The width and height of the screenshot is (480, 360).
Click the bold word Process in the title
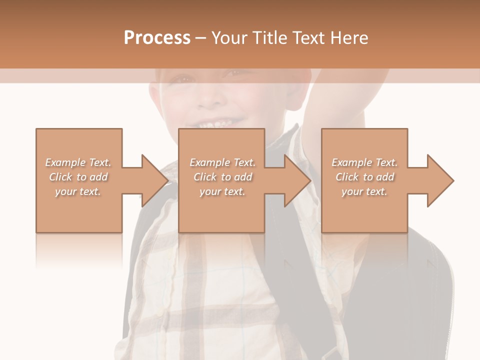tap(157, 37)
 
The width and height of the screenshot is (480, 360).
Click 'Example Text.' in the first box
tap(78, 162)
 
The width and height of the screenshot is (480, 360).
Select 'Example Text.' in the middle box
tap(222, 162)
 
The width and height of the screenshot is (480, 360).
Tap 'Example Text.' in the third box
tap(364, 162)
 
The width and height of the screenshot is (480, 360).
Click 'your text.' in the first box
tap(78, 191)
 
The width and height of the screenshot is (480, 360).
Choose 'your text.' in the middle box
tap(222, 191)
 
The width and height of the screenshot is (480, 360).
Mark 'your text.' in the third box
tap(364, 191)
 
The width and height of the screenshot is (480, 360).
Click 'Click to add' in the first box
tap(78, 177)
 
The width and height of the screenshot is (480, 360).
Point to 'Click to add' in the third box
tap(365, 177)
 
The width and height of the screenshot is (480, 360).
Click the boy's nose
tap(212, 97)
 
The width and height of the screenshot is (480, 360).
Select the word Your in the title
tap(229, 37)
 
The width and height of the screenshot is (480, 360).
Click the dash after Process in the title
tap(201, 38)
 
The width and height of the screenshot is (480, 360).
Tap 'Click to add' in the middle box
tap(223, 177)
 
